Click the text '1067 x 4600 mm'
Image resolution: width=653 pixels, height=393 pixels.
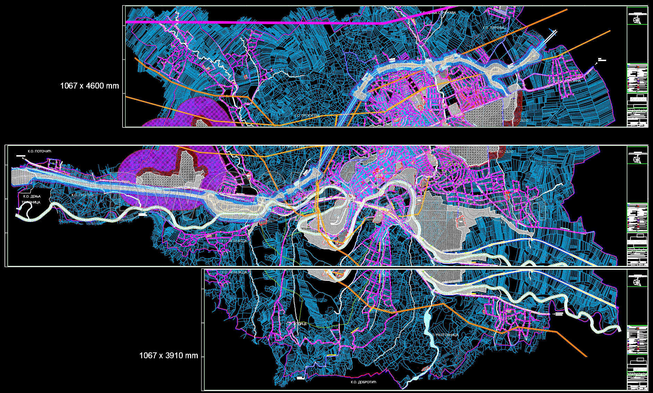(90, 86)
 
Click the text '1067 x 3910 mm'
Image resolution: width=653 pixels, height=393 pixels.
(169, 356)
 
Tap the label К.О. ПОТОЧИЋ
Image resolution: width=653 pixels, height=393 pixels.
(39, 151)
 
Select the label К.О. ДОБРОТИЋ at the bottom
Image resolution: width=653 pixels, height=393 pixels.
(363, 382)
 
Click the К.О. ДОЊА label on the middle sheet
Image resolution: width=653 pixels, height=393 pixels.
(29, 196)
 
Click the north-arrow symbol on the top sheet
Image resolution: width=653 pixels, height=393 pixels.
(637, 20)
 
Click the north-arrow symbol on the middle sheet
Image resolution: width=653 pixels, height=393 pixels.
(637, 159)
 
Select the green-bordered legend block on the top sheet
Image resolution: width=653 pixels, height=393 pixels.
(637, 78)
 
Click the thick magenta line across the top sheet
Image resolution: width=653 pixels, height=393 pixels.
(243, 22)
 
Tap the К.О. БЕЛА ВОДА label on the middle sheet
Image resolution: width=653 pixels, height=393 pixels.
(235, 241)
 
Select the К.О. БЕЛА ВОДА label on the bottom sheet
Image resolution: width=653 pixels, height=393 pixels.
(235, 272)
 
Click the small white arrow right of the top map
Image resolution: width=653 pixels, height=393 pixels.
(597, 63)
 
